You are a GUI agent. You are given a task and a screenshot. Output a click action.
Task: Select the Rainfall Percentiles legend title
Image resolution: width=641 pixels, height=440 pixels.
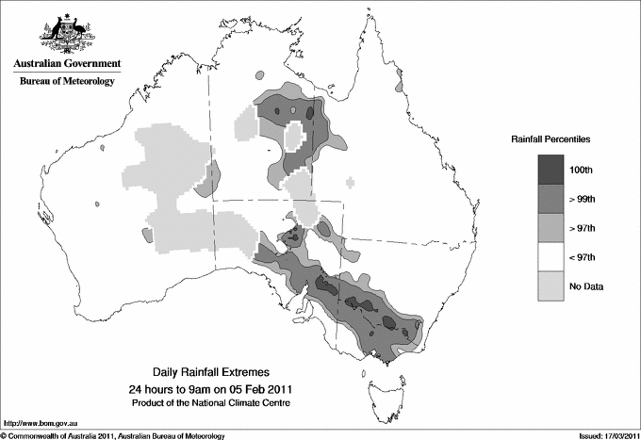tap(551, 139)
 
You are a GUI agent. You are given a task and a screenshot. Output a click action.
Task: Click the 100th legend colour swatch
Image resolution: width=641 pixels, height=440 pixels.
tap(551, 169)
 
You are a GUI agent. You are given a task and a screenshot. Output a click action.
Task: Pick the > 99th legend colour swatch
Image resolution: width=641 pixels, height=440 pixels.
tap(551, 198)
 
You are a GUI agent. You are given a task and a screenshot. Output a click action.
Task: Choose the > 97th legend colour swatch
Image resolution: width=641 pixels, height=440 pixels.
tap(551, 227)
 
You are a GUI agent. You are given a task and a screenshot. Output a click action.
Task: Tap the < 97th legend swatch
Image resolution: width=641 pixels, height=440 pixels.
tap(551, 256)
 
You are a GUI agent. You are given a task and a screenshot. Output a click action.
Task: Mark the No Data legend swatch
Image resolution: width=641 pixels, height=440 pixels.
tap(551, 285)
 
